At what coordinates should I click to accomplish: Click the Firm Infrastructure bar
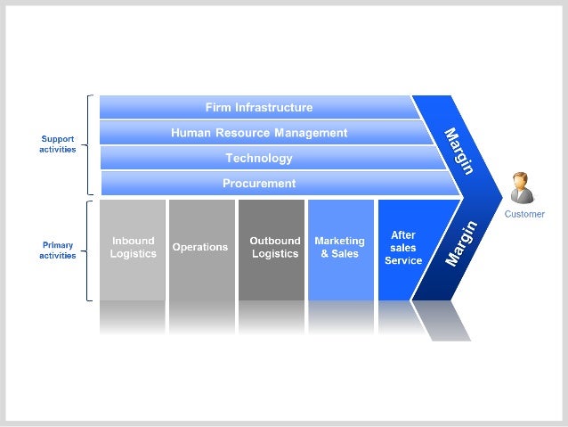258,108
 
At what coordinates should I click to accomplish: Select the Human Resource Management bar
258,133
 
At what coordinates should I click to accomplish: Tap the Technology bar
258,158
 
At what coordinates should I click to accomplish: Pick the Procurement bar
258,184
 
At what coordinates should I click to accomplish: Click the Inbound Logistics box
133,248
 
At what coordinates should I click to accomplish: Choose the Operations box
200,248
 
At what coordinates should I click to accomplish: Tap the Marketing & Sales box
339,248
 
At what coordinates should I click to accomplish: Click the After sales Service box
402,248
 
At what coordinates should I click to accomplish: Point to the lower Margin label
461,243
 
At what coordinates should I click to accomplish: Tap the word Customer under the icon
524,214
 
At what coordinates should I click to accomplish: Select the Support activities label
57,144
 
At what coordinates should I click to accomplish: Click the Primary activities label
57,250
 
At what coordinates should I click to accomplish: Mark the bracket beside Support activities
90,144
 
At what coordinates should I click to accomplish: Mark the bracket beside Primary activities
90,250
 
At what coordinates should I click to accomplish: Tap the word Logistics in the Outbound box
274,254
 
